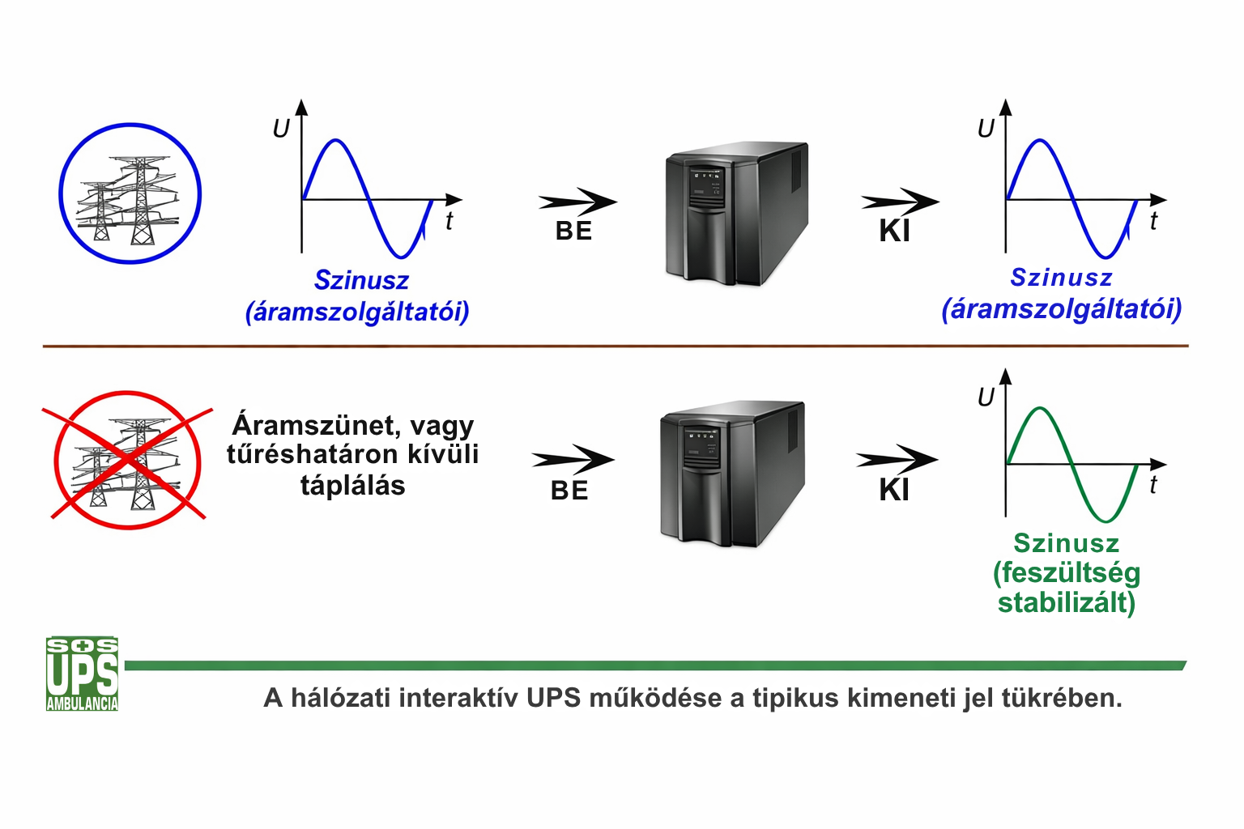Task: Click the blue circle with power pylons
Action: pos(130,194)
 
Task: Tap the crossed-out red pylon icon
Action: pos(128,460)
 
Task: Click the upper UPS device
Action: pos(735,214)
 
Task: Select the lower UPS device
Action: pos(731,474)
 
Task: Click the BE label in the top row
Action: pos(573,232)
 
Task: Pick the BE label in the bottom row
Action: pos(569,491)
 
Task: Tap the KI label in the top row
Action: pos(895,232)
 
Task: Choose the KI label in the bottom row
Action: pos(894,491)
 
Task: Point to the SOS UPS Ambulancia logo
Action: pos(82,674)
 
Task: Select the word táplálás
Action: pos(352,486)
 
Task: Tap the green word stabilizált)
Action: pos(1066,603)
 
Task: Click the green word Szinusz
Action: pos(1066,543)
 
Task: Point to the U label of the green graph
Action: pos(986,397)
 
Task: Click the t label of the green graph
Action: pos(1153,485)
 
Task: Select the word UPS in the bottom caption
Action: pos(553,698)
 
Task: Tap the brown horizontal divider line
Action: pos(616,346)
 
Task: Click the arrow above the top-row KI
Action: pos(900,202)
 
